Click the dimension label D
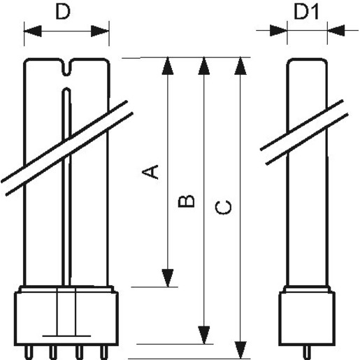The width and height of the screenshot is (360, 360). click(64, 14)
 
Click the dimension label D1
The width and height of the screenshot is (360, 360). click(305, 14)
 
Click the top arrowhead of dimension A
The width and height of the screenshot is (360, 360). click(167, 65)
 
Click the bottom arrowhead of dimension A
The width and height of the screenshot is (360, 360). click(167, 278)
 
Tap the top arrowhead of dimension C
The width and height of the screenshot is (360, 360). click(241, 65)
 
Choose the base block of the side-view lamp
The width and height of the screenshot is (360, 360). click(305, 313)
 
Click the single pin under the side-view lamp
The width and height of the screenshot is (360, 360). click(305, 347)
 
